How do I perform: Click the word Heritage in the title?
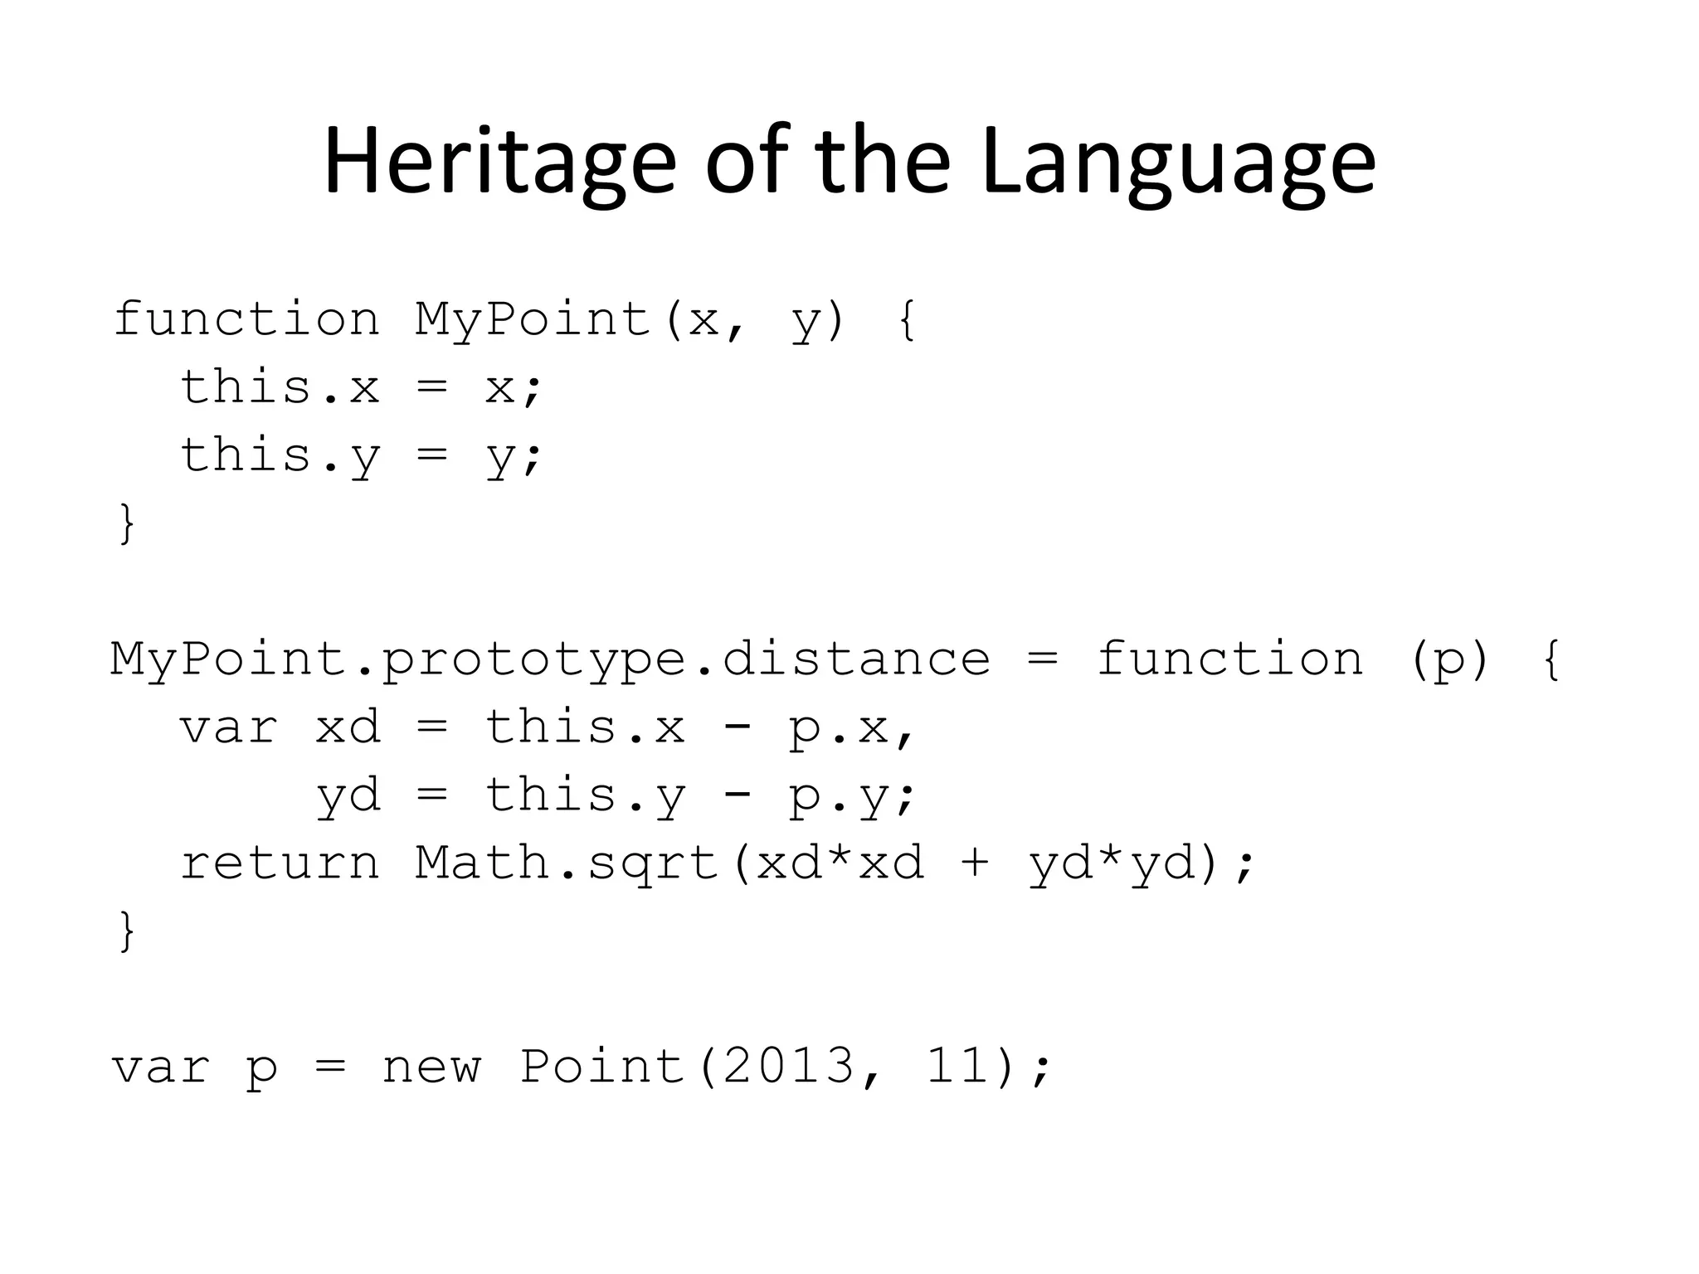click(x=499, y=162)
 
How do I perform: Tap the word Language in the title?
click(x=1178, y=162)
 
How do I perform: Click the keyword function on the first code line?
click(x=246, y=319)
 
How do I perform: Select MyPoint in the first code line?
click(x=533, y=319)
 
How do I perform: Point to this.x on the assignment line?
click(x=280, y=387)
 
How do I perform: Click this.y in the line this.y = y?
click(x=280, y=455)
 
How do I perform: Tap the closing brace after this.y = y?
click(x=127, y=523)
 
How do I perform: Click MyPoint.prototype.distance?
click(x=550, y=659)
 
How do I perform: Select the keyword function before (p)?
click(x=1230, y=659)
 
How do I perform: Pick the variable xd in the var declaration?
click(x=348, y=727)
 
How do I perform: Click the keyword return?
click(x=280, y=863)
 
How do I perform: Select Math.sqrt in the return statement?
click(x=567, y=863)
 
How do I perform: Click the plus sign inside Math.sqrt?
click(x=976, y=863)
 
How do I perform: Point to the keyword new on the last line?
click(x=431, y=1067)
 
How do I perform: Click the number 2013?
click(x=788, y=1066)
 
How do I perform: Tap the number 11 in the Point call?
click(x=958, y=1066)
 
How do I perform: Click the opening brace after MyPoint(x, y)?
click(x=908, y=320)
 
